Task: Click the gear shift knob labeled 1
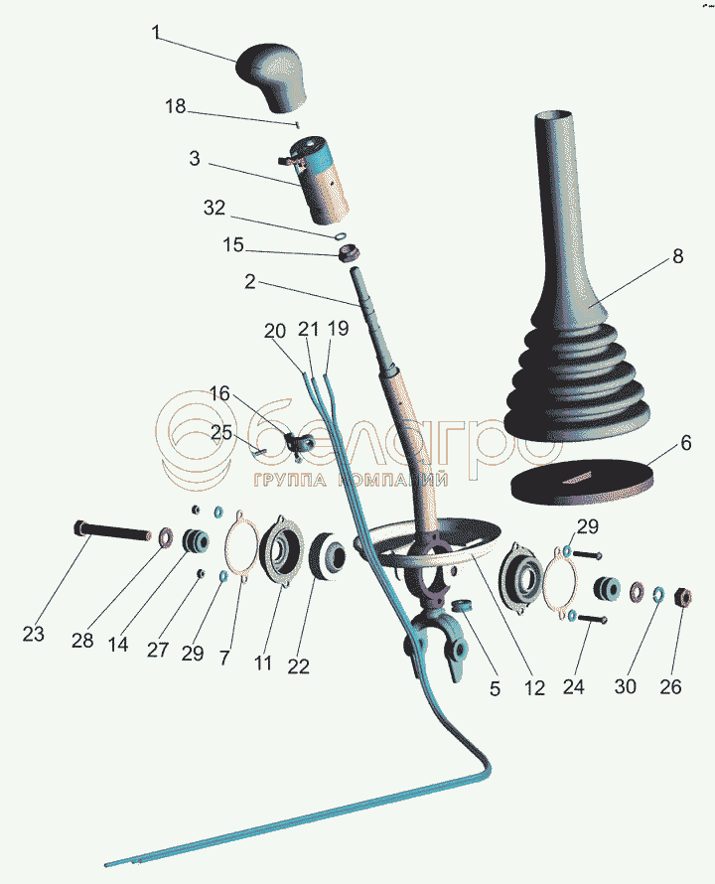(272, 74)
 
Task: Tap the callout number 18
(176, 105)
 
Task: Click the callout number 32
(214, 208)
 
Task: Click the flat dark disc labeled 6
(582, 482)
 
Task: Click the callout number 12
(534, 687)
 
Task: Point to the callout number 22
(298, 665)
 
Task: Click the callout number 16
(219, 393)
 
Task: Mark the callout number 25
(221, 432)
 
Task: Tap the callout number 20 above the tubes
(275, 331)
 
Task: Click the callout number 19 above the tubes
(338, 328)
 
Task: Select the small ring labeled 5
(463, 606)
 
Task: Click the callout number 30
(625, 686)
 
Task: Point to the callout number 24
(573, 686)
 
